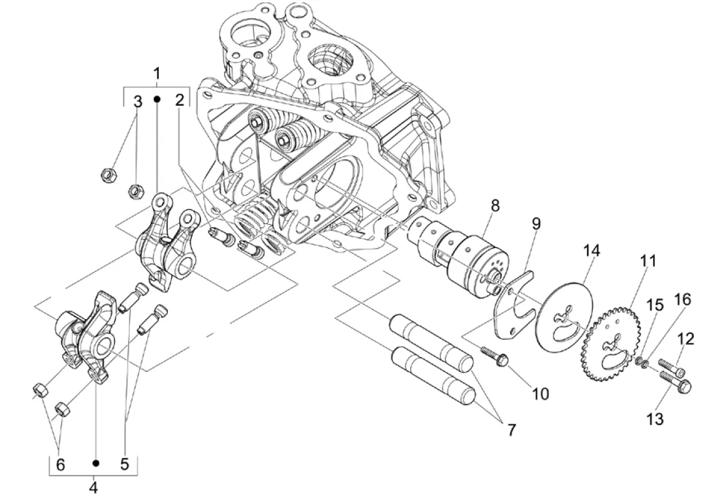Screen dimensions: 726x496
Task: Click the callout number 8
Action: click(495, 205)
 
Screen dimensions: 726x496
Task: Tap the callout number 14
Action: click(592, 251)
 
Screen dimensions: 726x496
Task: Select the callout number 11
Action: click(648, 261)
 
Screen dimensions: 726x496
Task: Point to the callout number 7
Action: click(511, 429)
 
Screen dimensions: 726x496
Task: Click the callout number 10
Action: click(541, 394)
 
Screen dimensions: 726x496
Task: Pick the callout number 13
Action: click(655, 418)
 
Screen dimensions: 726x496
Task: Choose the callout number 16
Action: click(683, 300)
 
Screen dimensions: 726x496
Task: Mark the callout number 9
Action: click(536, 223)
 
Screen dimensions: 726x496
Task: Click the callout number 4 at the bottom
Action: click(94, 487)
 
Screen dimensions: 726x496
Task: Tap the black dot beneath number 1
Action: click(157, 99)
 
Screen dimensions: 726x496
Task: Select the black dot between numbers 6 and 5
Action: click(96, 463)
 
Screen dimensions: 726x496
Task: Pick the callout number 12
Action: click(686, 339)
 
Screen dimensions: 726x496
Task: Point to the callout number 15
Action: click(655, 305)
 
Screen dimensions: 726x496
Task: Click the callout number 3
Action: click(138, 101)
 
